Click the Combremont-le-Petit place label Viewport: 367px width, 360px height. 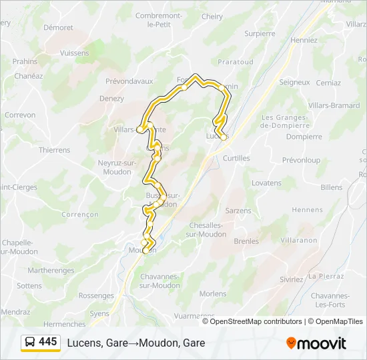(x=159, y=19)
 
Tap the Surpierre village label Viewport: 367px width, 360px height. (x=260, y=33)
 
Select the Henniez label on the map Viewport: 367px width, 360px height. (x=304, y=40)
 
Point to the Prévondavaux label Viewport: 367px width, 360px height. (x=130, y=81)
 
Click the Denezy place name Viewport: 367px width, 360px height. (x=111, y=99)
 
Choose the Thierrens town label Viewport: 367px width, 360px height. (x=54, y=150)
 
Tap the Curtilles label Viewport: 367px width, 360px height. (x=236, y=158)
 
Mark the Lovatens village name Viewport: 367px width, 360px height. (x=266, y=183)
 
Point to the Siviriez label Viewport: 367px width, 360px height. (x=291, y=279)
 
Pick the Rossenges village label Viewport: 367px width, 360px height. (x=96, y=295)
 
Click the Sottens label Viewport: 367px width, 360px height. (x=29, y=285)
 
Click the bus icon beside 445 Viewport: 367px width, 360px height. (x=30, y=342)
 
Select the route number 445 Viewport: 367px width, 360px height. (x=48, y=342)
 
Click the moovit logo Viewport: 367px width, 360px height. (x=316, y=343)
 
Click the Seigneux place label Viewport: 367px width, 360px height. (x=294, y=83)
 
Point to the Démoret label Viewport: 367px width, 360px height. (x=58, y=28)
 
